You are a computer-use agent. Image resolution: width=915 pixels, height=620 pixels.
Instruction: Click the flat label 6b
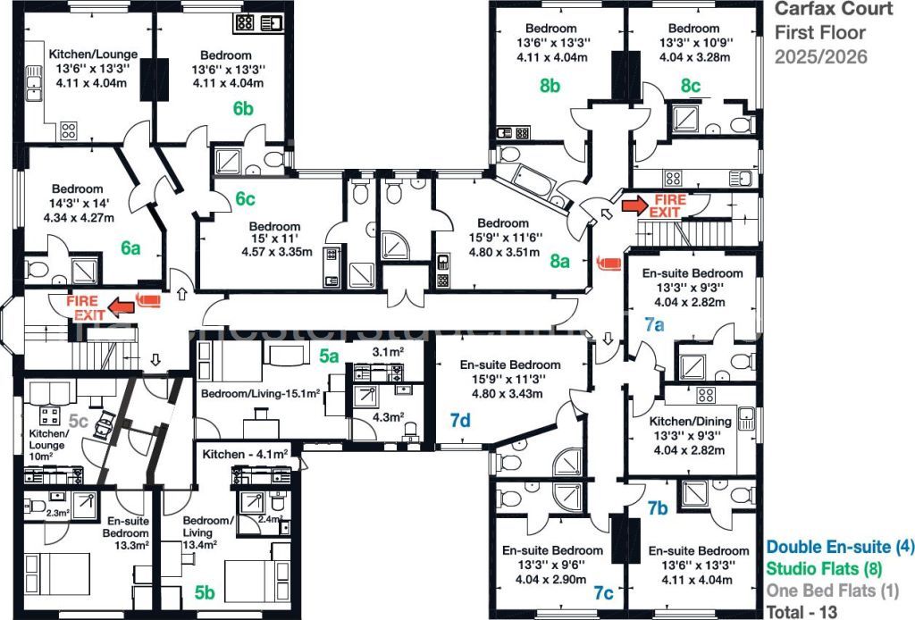[x=244, y=109]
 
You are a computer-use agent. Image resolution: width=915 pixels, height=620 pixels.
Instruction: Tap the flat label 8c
[x=690, y=86]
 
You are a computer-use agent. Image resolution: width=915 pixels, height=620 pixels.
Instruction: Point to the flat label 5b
[x=205, y=591]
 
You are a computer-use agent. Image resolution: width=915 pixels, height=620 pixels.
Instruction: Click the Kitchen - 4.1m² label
[x=244, y=455]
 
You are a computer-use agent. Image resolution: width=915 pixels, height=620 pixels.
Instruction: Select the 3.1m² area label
[x=388, y=352]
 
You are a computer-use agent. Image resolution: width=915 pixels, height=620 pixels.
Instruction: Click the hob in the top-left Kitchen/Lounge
[x=69, y=130]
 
